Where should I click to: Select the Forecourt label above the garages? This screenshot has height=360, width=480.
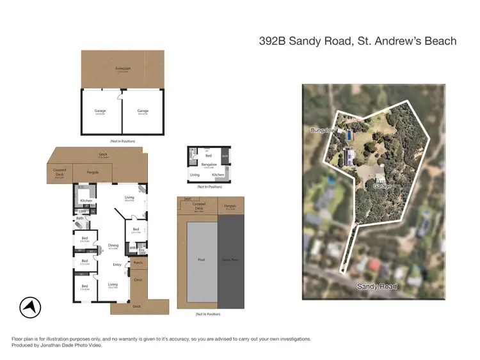(x=122, y=68)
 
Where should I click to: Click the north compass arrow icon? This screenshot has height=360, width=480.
(x=28, y=308)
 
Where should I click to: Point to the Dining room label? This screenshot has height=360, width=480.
(x=113, y=245)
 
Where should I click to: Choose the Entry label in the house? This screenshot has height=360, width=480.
(x=117, y=265)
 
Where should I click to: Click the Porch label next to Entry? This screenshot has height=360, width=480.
(x=138, y=262)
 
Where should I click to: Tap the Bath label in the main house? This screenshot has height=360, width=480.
(x=80, y=219)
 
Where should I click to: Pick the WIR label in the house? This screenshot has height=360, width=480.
(x=132, y=249)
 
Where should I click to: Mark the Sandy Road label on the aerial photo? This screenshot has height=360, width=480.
(x=376, y=286)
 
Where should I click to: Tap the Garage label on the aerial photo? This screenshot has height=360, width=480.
(x=383, y=186)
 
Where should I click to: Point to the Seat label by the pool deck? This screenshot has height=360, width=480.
(x=187, y=199)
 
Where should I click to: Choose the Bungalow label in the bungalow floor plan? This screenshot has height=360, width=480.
(x=209, y=164)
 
